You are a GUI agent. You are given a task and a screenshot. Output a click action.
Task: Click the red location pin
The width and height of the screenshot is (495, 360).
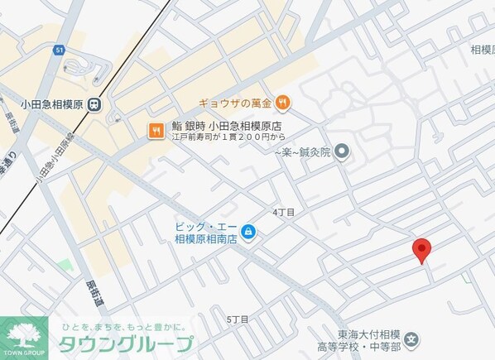(421, 249)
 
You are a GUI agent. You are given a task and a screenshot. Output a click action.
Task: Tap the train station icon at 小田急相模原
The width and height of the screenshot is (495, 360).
(96, 104)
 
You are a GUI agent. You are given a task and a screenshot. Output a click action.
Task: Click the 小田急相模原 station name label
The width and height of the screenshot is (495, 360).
(52, 104)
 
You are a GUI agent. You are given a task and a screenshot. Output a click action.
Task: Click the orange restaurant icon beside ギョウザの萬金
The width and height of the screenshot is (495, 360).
(283, 102)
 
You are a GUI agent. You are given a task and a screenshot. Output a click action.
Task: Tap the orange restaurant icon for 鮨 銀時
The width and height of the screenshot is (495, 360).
(155, 129)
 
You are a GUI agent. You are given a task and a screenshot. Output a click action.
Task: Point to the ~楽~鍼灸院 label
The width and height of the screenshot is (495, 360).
(301, 152)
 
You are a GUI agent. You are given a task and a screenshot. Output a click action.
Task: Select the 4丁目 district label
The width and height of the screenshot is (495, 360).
(284, 213)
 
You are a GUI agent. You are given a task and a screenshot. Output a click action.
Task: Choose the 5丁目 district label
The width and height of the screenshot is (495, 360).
(238, 319)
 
